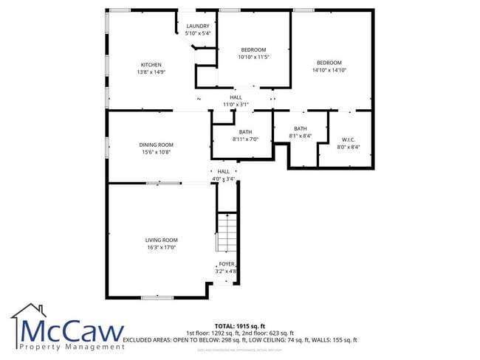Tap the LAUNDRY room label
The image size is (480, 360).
pyautogui.click(x=197, y=26)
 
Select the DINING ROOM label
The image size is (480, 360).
pyautogui.click(x=156, y=145)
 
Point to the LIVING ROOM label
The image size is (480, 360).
pyautogui.click(x=161, y=240)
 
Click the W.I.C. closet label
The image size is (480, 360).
pyautogui.click(x=349, y=139)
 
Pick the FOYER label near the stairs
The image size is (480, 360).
pyautogui.click(x=226, y=263)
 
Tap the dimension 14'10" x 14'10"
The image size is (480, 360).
pyautogui.click(x=329, y=70)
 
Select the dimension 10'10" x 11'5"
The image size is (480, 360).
pyautogui.click(x=253, y=57)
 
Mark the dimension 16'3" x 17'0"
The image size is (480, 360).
pyautogui.click(x=161, y=248)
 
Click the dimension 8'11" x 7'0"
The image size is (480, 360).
pyautogui.click(x=245, y=139)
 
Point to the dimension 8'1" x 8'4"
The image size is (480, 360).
pyautogui.click(x=300, y=136)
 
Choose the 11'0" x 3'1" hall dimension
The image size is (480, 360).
pyautogui.click(x=236, y=104)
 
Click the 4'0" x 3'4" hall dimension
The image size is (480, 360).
pyautogui.click(x=223, y=179)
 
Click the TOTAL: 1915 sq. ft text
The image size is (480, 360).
pyautogui.click(x=239, y=325)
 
